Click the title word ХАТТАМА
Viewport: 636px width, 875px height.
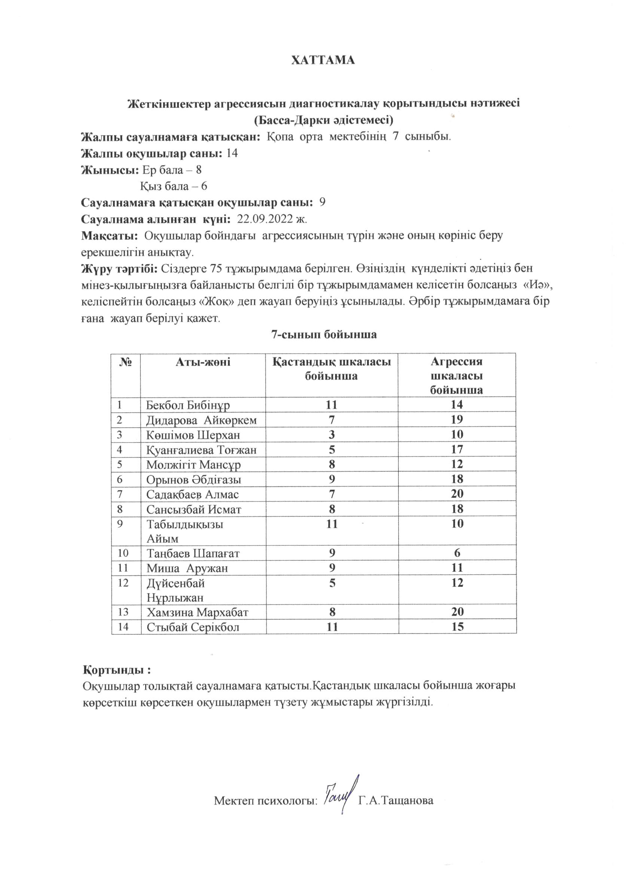click(x=323, y=61)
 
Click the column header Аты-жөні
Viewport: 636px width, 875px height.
click(x=203, y=362)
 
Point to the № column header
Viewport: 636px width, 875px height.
click(x=126, y=362)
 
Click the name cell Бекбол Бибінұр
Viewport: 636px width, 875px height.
click(x=188, y=405)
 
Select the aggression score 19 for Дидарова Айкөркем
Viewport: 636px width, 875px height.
click(x=457, y=420)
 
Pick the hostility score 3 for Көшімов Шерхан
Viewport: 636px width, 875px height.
click(x=332, y=435)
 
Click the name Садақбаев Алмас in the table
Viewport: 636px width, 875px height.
click(x=192, y=494)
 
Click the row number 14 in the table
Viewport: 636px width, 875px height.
click(x=123, y=626)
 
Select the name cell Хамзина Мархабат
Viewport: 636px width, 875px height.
click(x=197, y=612)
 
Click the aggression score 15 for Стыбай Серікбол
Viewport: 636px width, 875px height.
click(x=458, y=626)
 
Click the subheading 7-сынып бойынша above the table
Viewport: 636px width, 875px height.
click(x=324, y=335)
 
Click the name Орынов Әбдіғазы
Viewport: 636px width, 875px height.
click(x=194, y=479)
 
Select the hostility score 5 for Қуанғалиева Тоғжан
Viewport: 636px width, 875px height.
click(x=332, y=449)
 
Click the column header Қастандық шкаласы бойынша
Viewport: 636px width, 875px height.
click(x=332, y=368)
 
